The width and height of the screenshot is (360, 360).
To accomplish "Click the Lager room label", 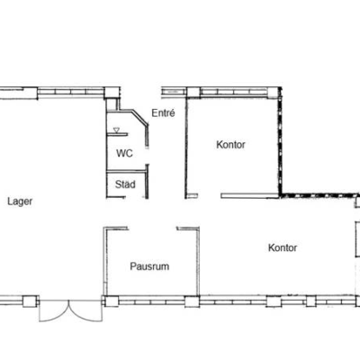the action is click(x=20, y=202).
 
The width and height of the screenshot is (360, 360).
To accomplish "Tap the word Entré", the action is click(x=163, y=113).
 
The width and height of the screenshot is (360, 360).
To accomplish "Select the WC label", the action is click(x=124, y=153).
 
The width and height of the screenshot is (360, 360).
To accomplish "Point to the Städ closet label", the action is click(x=125, y=184).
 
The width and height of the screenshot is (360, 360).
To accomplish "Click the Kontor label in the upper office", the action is click(x=230, y=145).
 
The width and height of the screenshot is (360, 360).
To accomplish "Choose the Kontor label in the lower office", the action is click(x=283, y=247).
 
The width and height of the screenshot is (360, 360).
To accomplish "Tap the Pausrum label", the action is click(x=149, y=266).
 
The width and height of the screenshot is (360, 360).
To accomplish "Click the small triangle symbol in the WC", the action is click(x=116, y=130).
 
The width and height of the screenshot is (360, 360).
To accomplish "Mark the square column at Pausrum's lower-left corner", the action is click(x=112, y=301).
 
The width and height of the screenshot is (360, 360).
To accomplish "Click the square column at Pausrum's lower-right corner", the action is click(x=193, y=301).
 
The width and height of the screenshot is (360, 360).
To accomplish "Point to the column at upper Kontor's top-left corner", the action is click(x=193, y=92).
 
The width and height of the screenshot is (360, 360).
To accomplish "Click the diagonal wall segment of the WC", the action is click(x=140, y=117).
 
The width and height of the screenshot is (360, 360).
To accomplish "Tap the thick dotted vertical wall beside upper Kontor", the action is click(x=280, y=141).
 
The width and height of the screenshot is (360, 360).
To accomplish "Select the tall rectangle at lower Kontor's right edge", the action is click(x=357, y=239).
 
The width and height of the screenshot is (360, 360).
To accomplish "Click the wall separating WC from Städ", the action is click(x=126, y=172).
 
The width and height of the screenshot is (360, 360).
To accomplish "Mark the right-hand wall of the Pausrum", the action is click(x=198, y=262).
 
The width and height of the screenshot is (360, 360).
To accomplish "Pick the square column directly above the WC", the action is click(x=112, y=93).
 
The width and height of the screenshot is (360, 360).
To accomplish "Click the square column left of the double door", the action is click(x=30, y=301).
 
